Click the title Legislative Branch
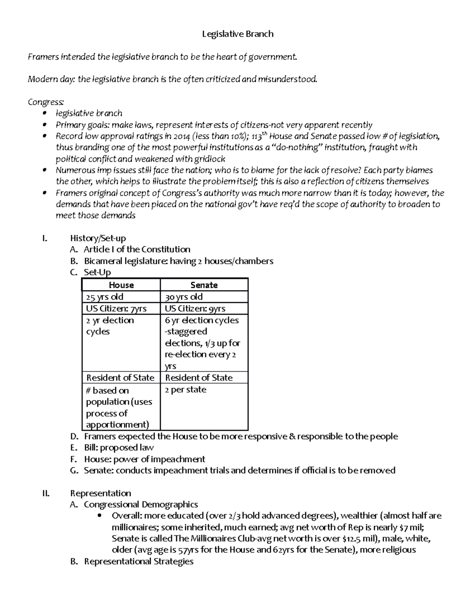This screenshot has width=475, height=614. pos(237,34)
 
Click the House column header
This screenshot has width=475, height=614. pos(121,285)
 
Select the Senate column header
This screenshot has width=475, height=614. pos(204,285)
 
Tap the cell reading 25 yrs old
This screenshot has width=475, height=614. pos(105,297)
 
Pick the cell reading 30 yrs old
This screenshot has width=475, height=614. pos(184,297)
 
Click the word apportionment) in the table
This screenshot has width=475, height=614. pos(118,425)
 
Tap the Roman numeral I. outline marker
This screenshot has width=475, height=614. pos(44,238)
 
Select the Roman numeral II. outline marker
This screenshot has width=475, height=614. pos(46,493)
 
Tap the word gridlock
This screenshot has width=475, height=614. pos(209,159)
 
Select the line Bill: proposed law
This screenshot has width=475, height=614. pos(119,448)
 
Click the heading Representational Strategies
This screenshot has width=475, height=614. pos(139,561)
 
